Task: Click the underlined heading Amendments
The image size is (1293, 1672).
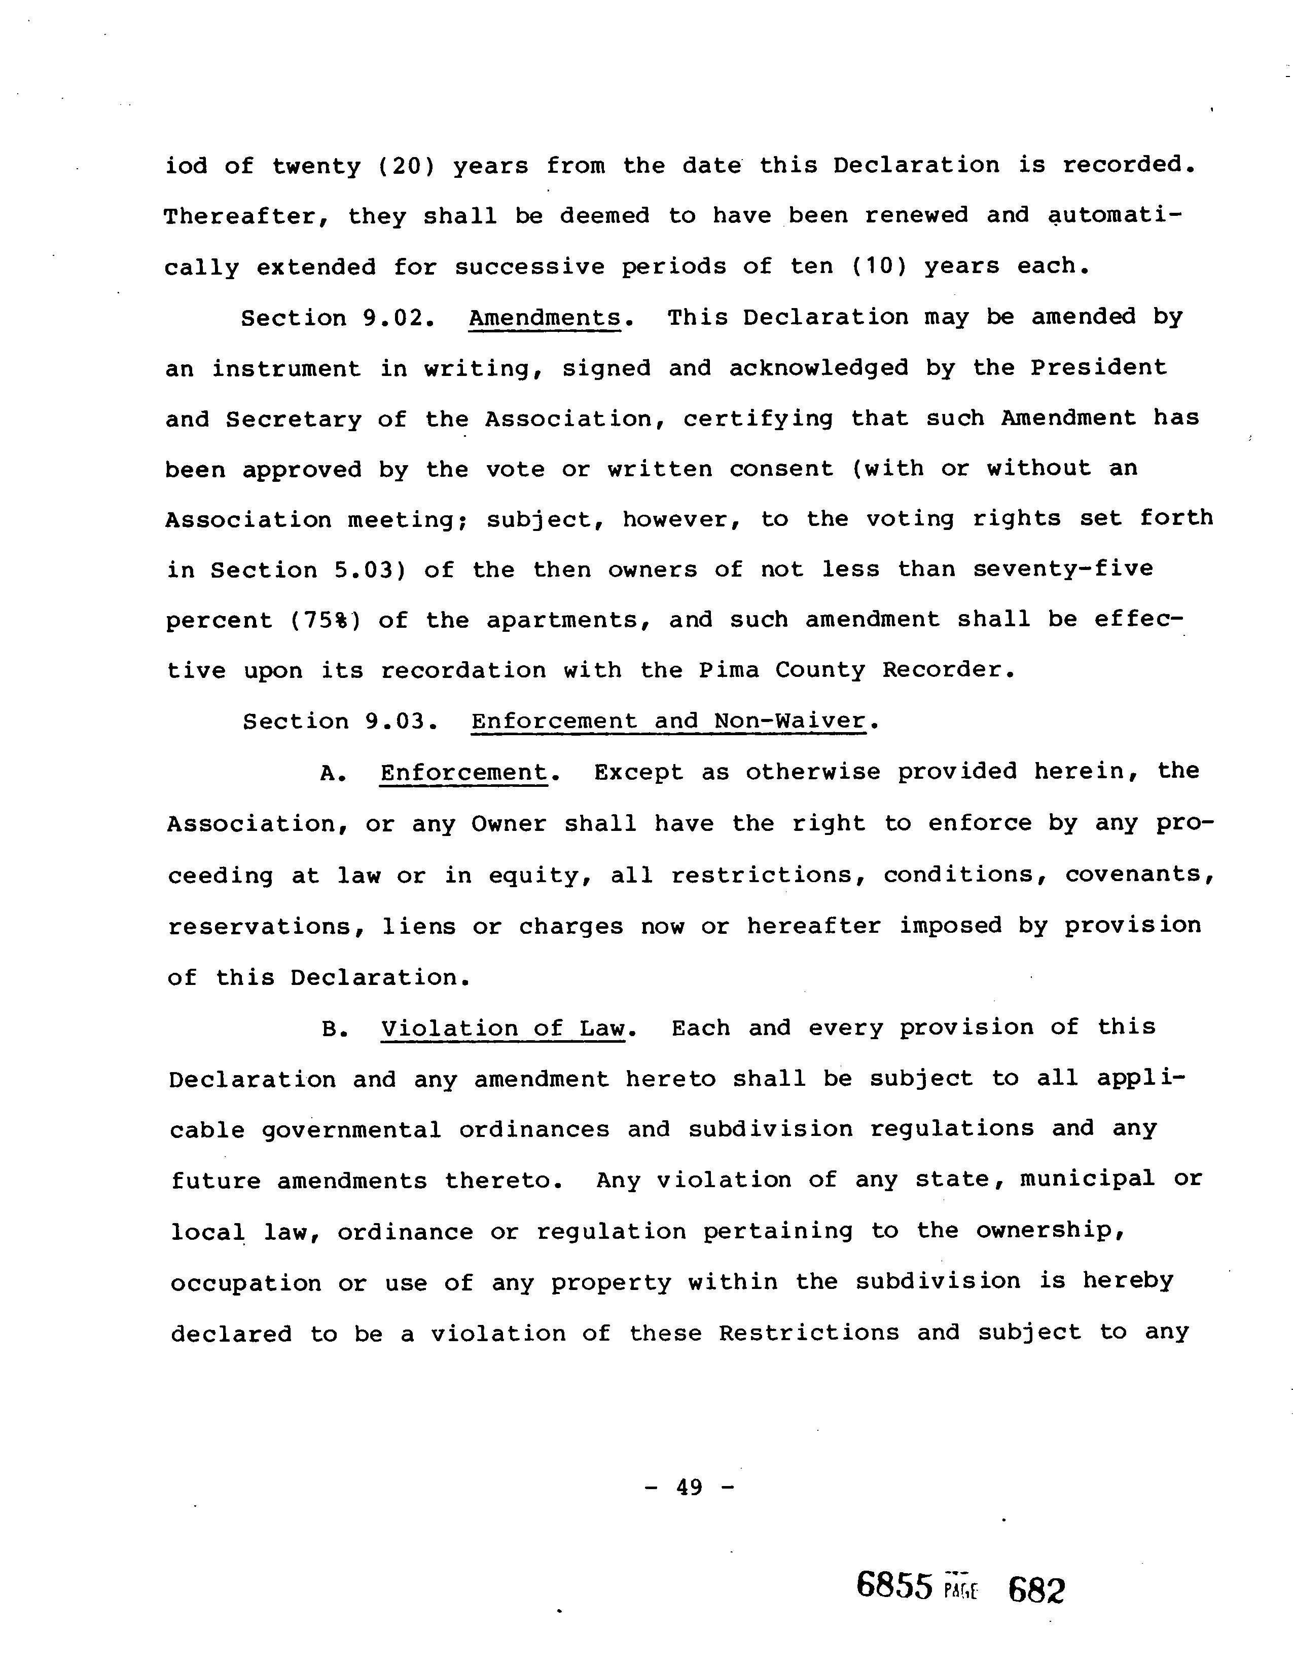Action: [x=544, y=318]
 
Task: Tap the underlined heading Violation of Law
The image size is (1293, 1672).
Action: [x=504, y=1028]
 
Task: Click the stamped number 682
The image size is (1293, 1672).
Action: [x=1036, y=1589]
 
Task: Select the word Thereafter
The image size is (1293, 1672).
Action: [x=247, y=217]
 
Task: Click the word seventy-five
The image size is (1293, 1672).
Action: [x=1063, y=569]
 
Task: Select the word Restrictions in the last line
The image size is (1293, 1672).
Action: [x=809, y=1333]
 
